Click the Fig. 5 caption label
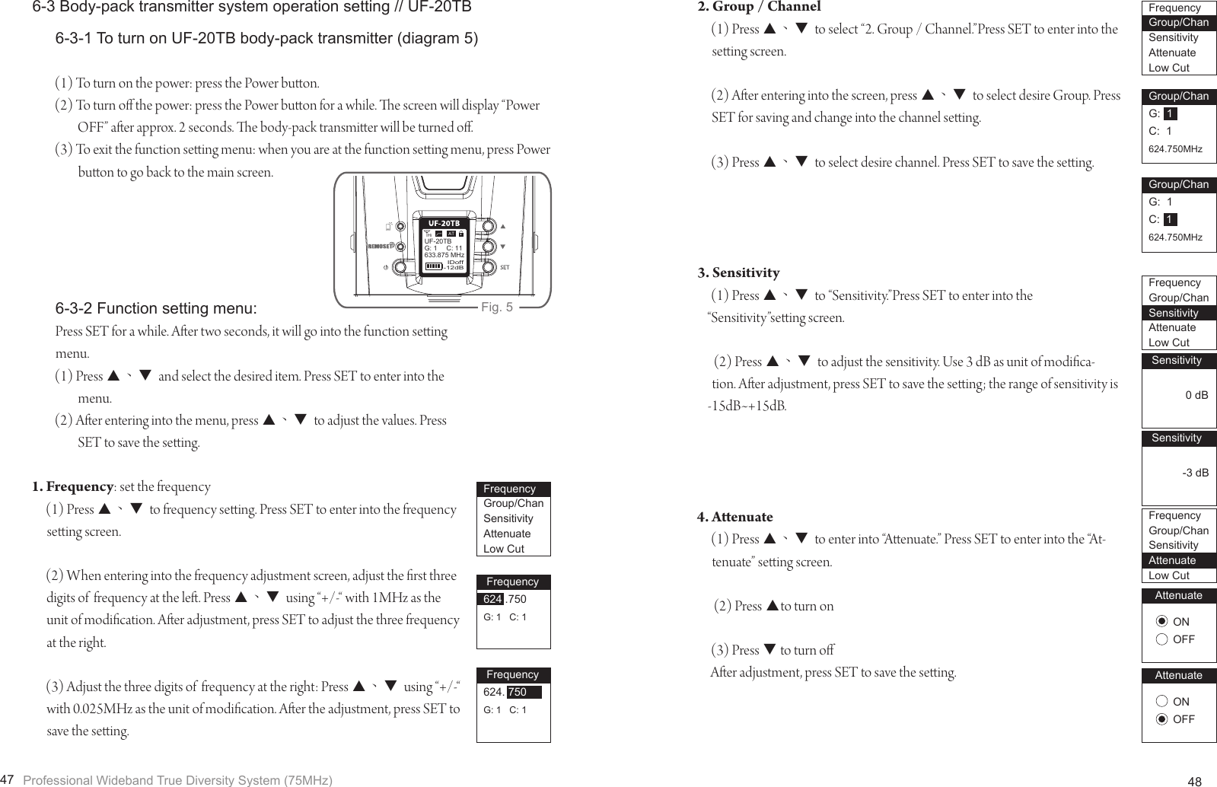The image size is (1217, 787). [x=497, y=307]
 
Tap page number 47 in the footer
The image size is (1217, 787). [x=8, y=779]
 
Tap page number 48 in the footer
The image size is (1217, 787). [x=1195, y=781]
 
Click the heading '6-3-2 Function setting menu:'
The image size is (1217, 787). [x=156, y=308]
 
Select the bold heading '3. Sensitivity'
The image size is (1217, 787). [x=738, y=272]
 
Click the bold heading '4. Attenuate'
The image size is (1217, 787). [x=734, y=517]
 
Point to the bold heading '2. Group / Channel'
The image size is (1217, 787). [x=759, y=8]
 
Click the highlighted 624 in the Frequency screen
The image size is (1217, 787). [x=492, y=599]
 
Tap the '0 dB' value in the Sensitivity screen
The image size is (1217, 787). [x=1196, y=395]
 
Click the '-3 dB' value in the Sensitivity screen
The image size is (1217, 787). [x=1194, y=473]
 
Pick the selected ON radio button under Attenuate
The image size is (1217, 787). [x=1161, y=622]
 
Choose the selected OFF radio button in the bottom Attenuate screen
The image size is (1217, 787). [x=1161, y=719]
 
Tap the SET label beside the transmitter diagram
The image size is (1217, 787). [x=505, y=268]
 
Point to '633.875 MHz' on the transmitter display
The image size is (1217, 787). [x=443, y=255]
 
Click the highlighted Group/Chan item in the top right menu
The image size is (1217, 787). [x=1178, y=23]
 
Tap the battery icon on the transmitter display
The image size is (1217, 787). [x=432, y=266]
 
